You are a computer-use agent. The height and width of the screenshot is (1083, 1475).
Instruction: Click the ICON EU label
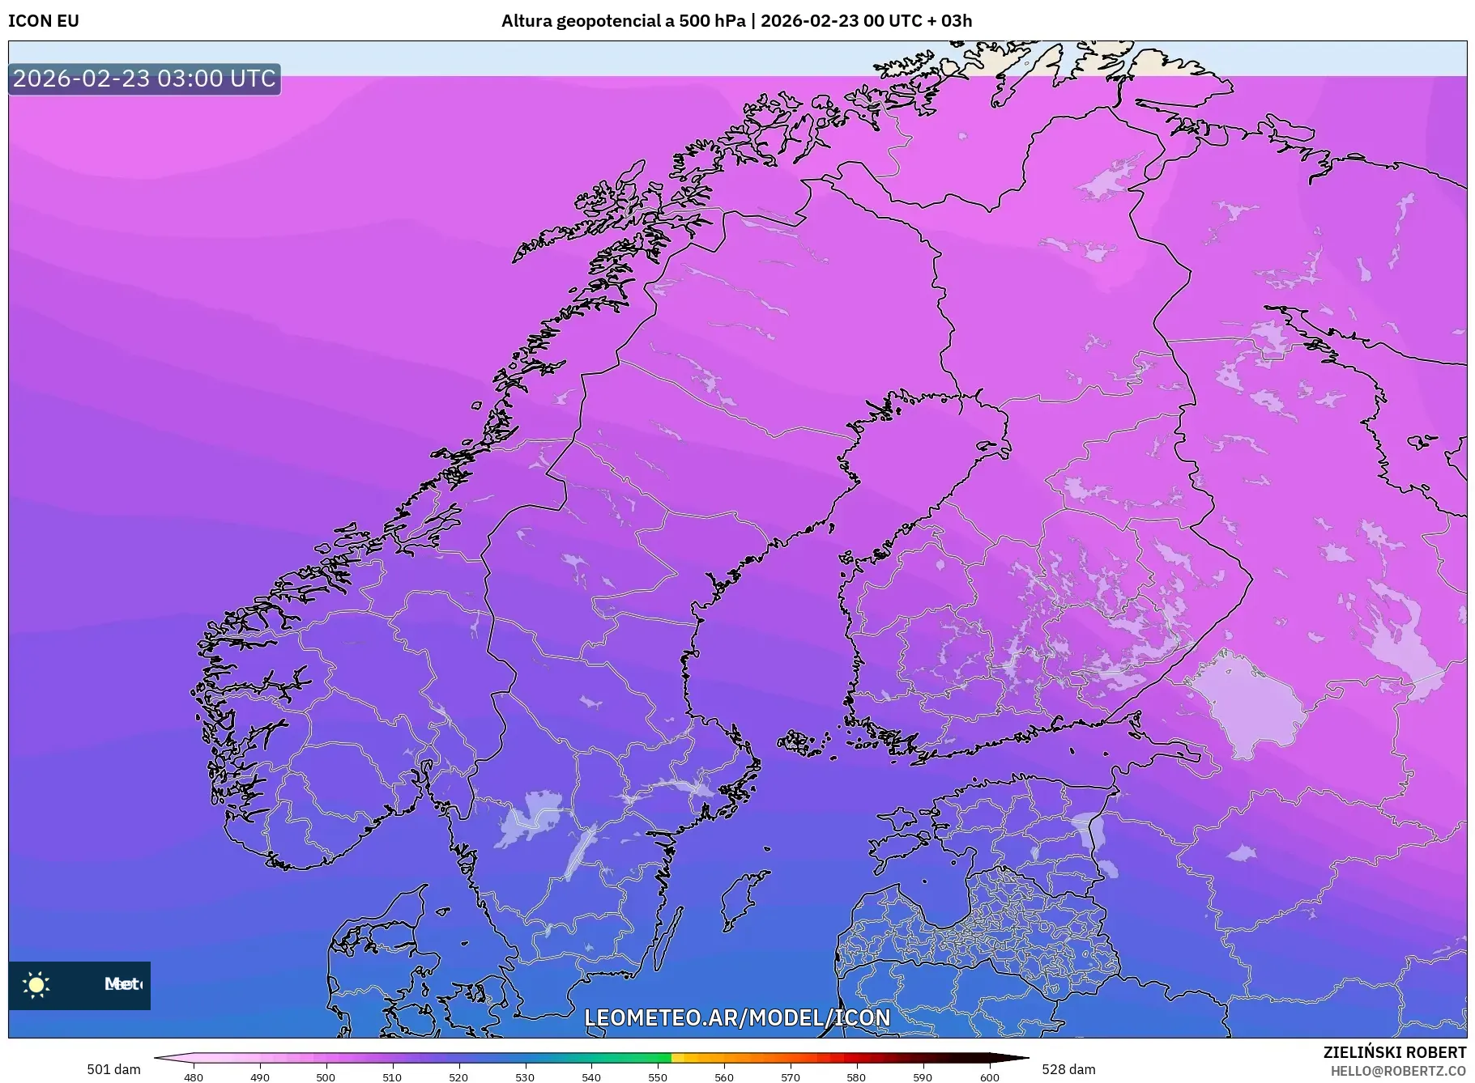[44, 21]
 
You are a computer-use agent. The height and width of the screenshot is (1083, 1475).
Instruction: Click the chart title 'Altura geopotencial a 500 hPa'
[623, 21]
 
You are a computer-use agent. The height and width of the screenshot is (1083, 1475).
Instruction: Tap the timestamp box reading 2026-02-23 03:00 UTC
[144, 79]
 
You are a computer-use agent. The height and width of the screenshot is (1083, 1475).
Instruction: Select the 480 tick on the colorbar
[194, 1077]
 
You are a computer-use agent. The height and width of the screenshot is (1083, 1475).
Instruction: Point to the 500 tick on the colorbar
[326, 1077]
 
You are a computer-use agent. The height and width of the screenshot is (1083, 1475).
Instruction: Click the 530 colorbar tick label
[525, 1077]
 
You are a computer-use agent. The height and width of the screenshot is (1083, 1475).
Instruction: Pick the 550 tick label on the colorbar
[658, 1077]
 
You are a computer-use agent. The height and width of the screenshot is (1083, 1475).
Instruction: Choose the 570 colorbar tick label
[791, 1077]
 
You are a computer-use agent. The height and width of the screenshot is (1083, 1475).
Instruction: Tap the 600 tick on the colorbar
[990, 1077]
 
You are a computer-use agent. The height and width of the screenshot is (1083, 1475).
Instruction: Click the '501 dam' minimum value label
[113, 1069]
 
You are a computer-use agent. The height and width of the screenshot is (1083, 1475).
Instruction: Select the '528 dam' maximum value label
[1068, 1069]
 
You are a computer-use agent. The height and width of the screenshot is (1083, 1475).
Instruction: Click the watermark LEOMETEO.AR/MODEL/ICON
[737, 1017]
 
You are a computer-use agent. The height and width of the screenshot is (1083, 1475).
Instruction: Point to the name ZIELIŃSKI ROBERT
[1394, 1052]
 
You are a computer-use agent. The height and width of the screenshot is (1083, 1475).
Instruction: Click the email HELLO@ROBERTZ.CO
[1398, 1071]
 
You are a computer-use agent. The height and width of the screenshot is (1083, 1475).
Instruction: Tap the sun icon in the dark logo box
[36, 984]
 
